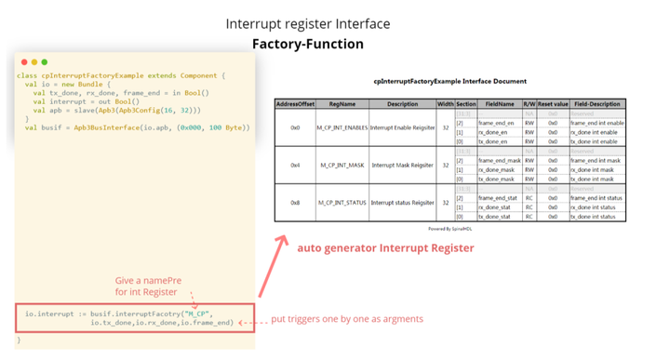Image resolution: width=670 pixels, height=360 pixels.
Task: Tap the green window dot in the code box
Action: point(43,62)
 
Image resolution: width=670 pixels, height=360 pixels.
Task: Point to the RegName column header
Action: point(343,103)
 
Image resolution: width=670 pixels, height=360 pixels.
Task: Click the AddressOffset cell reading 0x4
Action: point(295,165)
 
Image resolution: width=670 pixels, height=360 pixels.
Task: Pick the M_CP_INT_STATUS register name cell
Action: point(343,202)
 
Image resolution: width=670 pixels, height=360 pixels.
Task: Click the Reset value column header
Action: point(552,103)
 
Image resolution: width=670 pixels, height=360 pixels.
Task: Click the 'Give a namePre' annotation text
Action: point(148,282)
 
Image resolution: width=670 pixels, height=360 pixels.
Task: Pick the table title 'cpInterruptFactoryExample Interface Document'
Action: point(449,82)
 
